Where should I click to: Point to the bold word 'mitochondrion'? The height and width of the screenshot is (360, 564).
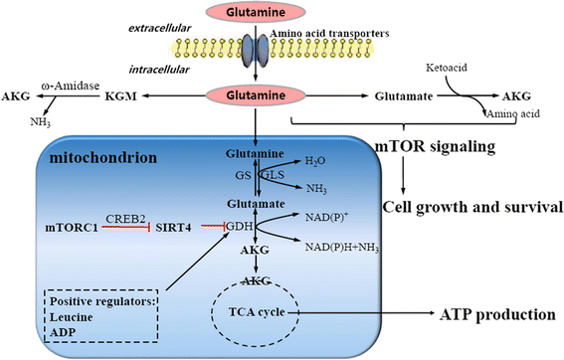[x=87, y=156]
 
